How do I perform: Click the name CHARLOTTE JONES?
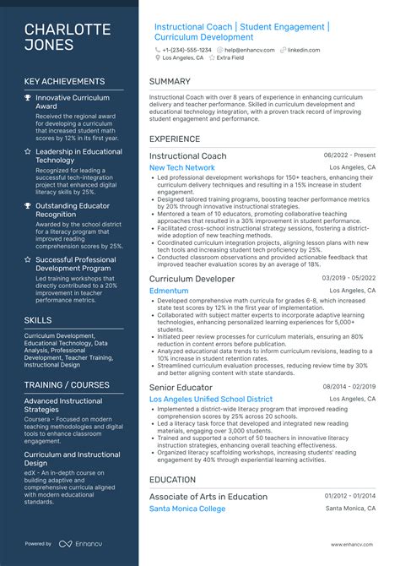click(x=68, y=37)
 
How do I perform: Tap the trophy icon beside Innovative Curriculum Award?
click(x=28, y=98)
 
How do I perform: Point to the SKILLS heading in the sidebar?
click(x=38, y=320)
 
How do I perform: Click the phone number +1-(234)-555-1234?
click(x=187, y=50)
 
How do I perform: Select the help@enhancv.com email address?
click(x=248, y=50)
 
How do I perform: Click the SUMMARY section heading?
click(x=170, y=82)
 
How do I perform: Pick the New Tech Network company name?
click(x=182, y=167)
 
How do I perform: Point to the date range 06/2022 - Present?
click(x=349, y=156)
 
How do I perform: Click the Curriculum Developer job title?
click(x=192, y=278)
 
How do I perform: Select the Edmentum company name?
click(x=169, y=290)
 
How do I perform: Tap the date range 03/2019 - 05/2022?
click(x=349, y=278)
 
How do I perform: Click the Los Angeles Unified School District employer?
click(x=211, y=399)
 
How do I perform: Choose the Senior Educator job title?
click(x=181, y=387)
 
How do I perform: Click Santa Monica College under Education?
click(x=187, y=509)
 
